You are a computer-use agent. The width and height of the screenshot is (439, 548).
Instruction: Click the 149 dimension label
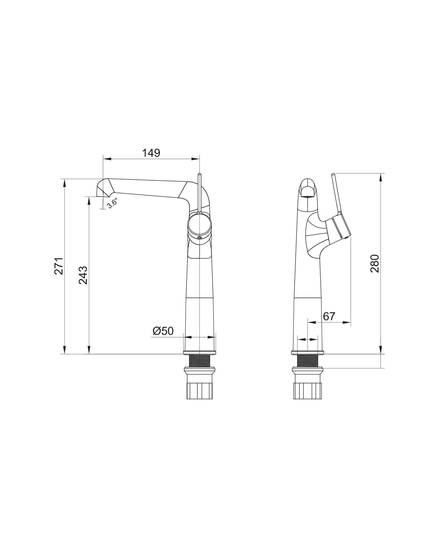(151, 153)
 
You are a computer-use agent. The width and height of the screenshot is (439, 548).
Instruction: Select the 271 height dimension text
(59, 266)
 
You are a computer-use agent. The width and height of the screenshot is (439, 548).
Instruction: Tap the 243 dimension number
(83, 275)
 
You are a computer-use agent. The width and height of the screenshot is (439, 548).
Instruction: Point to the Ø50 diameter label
(163, 331)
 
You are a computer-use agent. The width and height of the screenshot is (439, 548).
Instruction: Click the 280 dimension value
(375, 263)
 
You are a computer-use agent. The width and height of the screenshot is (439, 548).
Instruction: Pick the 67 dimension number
(329, 316)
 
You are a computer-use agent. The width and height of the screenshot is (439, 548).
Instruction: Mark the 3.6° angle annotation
(112, 203)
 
